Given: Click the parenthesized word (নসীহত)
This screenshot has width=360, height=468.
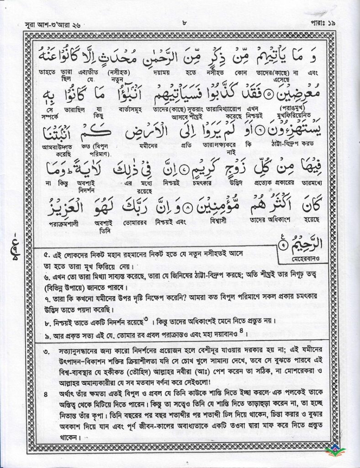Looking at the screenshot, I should coord(120,72).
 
